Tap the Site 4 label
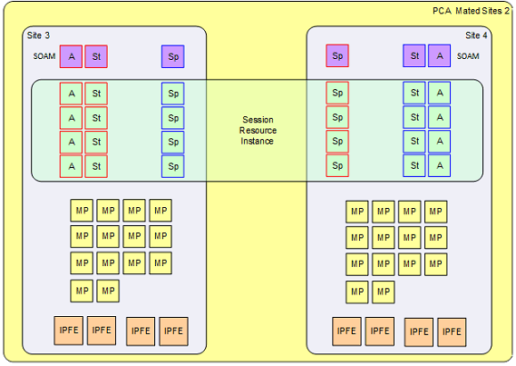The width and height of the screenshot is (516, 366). [x=476, y=35]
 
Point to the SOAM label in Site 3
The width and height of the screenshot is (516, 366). [x=44, y=56]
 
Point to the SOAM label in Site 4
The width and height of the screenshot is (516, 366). [x=468, y=56]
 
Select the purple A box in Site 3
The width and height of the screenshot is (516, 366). [x=71, y=56]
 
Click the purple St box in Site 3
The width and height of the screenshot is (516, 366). [x=96, y=56]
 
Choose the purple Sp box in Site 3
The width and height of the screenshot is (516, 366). [x=173, y=56]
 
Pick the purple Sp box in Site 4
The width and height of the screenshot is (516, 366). [x=337, y=56]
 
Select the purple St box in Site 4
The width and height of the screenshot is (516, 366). [x=414, y=56]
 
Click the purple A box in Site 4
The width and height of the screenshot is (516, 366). [x=439, y=56]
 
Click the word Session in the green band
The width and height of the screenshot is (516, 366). [x=258, y=120]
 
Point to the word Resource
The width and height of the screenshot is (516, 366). [x=258, y=131]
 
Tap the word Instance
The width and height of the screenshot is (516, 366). [x=258, y=142]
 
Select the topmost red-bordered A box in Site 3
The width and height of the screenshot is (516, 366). [x=71, y=93]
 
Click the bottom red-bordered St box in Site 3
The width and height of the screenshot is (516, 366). [x=96, y=166]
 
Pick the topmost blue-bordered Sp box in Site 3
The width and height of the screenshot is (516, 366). [x=173, y=93]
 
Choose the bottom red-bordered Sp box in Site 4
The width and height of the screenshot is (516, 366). [x=337, y=166]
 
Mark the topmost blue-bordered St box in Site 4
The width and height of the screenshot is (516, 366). [x=414, y=93]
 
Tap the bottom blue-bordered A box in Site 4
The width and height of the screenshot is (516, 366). [x=439, y=166]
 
